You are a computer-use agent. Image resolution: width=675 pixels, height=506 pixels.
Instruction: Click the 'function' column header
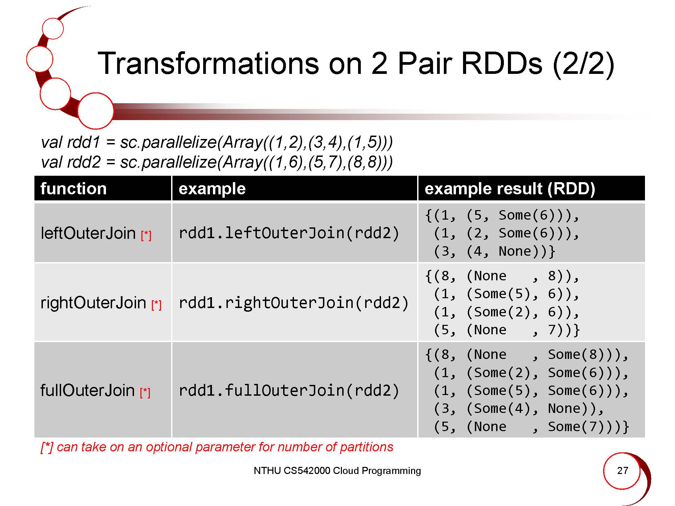click(73, 189)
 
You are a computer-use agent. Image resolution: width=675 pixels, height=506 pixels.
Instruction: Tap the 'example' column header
click(212, 189)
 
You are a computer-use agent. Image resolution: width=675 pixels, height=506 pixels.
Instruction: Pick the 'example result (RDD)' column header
click(510, 189)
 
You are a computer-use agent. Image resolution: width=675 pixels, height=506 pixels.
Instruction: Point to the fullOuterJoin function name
click(87, 390)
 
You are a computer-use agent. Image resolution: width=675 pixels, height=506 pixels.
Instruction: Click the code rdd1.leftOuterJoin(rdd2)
click(289, 233)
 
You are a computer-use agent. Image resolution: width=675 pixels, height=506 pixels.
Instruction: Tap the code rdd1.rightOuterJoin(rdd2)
click(293, 303)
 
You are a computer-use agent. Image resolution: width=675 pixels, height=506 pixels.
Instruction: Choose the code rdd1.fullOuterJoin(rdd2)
click(289, 390)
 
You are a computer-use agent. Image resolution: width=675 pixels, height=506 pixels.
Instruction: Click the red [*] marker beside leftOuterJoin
click(146, 235)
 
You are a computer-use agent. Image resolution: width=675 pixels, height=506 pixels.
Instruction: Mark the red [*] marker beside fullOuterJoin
click(145, 392)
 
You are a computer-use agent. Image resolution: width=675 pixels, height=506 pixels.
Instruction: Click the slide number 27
click(622, 471)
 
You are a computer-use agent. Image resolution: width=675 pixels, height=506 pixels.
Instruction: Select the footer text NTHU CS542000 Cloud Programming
click(337, 471)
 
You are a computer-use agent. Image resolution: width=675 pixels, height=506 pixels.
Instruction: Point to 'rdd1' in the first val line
click(84, 142)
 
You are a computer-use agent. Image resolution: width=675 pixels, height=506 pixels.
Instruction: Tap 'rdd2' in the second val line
click(84, 162)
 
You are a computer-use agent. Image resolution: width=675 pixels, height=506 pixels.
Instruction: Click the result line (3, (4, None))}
click(494, 251)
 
